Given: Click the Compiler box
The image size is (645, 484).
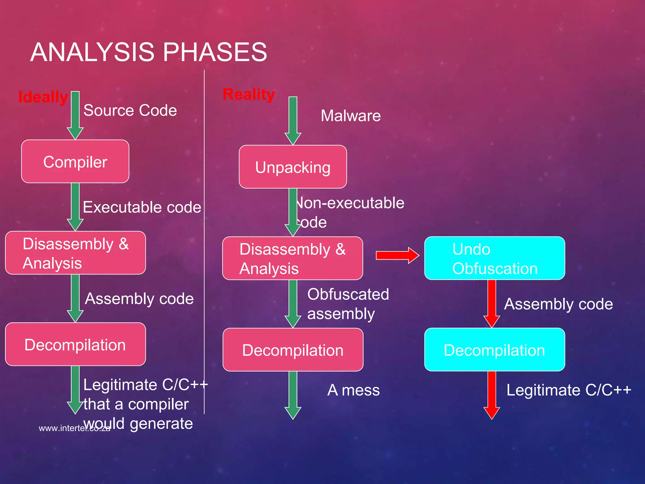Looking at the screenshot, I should click(x=75, y=162).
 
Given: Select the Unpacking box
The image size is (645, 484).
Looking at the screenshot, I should click(x=293, y=167).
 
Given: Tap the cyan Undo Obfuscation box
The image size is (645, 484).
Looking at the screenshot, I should click(x=494, y=258).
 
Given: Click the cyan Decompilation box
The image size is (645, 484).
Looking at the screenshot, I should click(x=494, y=350).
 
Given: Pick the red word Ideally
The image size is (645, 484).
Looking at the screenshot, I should click(x=43, y=97).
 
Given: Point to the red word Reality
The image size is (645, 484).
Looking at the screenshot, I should click(x=248, y=94).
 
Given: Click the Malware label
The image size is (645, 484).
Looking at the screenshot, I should click(x=351, y=116).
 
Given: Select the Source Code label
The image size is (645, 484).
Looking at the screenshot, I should click(x=130, y=110).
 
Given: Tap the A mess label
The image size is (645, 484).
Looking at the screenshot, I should click(x=353, y=390).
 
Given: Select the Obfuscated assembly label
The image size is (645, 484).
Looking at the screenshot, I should click(x=348, y=304).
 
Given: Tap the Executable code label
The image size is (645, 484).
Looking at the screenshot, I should click(x=142, y=207).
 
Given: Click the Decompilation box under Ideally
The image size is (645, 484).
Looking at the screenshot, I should click(x=75, y=344).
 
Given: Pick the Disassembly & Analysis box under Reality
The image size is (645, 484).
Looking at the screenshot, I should click(x=293, y=258).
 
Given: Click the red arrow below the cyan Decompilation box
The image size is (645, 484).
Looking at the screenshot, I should click(x=492, y=395).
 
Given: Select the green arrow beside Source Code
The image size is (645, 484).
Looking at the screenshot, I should click(x=75, y=115).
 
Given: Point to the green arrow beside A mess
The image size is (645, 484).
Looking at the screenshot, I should click(x=293, y=395).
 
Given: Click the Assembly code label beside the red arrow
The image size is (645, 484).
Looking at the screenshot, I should click(x=558, y=304).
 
